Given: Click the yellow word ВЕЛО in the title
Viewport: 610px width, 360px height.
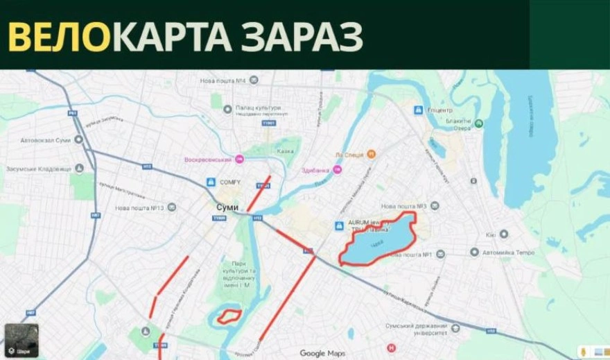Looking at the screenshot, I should click(x=59, y=36).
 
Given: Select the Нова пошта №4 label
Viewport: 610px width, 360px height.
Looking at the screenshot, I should click(x=224, y=81).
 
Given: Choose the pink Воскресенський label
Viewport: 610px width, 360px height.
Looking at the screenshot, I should click(x=207, y=160).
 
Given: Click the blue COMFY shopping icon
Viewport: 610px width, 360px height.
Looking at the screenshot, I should click(x=210, y=182).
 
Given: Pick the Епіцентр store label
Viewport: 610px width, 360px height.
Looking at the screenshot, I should click(x=440, y=110).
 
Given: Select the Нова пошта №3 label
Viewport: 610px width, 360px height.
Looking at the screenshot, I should click(x=403, y=206).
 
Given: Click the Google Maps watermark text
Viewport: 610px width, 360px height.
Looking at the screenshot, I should click(x=322, y=353).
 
